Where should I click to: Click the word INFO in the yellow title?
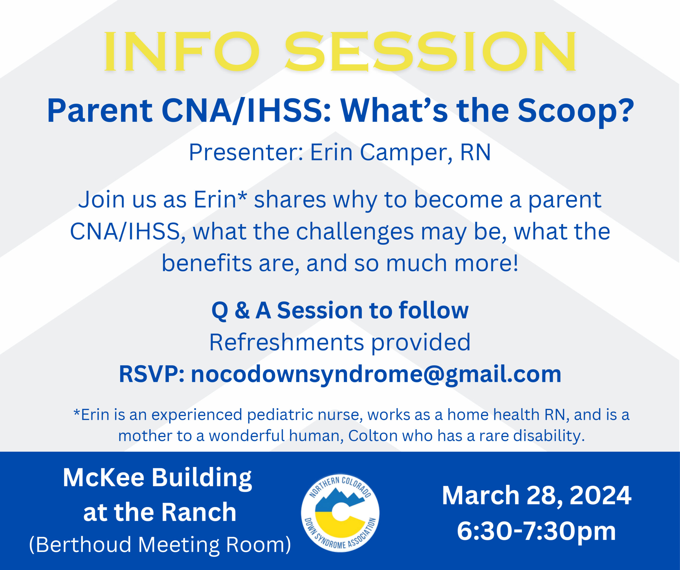pos(182,52)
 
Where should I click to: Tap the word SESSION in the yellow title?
pos(431,52)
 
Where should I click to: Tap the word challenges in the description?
pos(355,232)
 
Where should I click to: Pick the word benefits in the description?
pos(207,263)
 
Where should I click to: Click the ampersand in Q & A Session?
pos(242,310)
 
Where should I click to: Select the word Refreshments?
pos(287,342)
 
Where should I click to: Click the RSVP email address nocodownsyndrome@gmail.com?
pos(376,374)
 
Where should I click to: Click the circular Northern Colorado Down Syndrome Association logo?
pos(340,513)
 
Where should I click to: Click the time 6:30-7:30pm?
pos(536,531)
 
